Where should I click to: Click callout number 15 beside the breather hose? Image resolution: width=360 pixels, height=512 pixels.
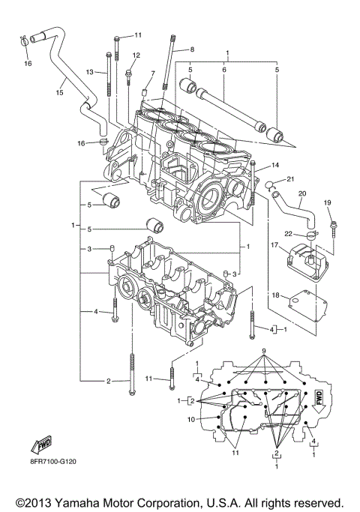click(59, 94)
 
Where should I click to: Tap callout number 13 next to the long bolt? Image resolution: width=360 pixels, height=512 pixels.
click(89, 72)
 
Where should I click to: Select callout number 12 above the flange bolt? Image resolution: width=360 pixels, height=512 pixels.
click(136, 55)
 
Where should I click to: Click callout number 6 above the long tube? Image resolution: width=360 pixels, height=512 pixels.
click(223, 69)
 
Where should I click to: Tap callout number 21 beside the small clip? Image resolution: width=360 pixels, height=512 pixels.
click(291, 178)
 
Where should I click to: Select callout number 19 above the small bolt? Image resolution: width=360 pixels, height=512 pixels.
click(327, 203)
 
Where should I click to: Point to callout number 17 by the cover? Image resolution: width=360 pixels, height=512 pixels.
click(275, 244)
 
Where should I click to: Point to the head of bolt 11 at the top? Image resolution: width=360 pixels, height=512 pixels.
click(117, 37)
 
